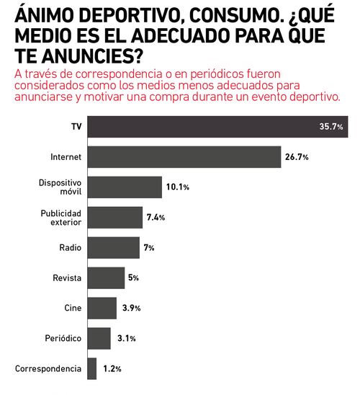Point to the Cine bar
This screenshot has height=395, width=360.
point(102,308)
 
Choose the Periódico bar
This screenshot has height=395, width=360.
point(99,338)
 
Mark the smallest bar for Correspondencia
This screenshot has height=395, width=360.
point(91,368)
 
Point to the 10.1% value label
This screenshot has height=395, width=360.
point(178,187)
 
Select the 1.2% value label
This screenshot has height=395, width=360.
point(112,369)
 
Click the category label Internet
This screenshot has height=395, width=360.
point(66,156)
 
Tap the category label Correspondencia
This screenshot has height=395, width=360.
point(48,368)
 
